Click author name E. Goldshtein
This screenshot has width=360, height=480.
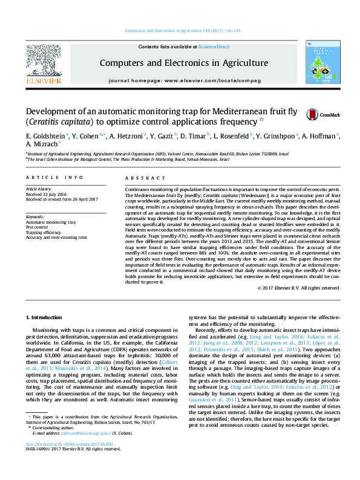point(46,136)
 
